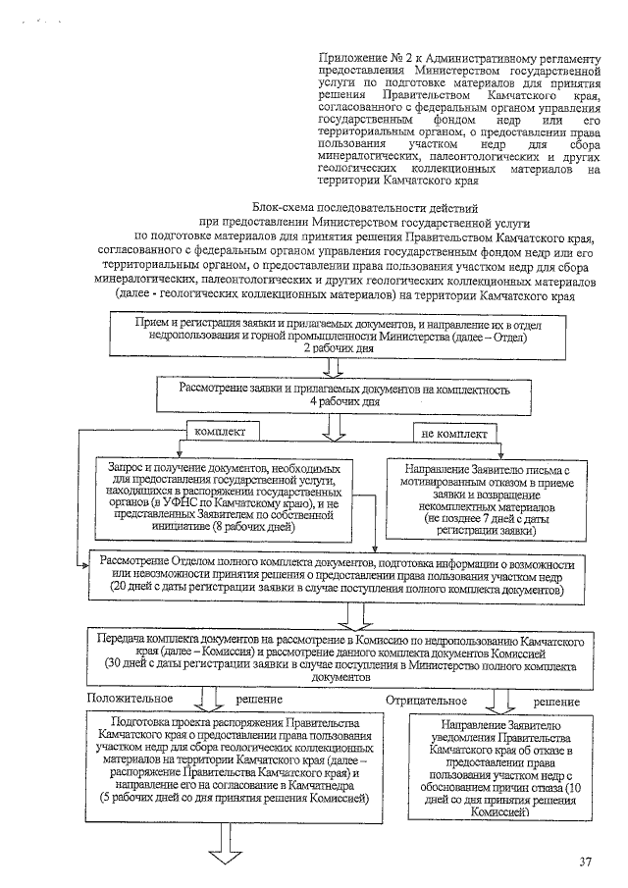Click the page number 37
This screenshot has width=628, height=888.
(x=585, y=862)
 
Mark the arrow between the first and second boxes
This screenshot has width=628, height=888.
(x=333, y=367)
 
